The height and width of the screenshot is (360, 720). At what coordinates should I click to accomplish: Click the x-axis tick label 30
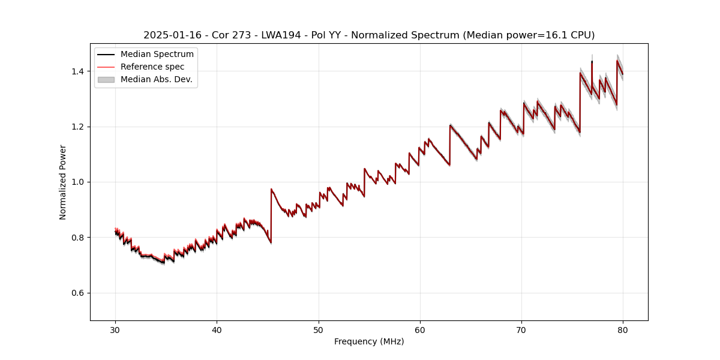(115, 329)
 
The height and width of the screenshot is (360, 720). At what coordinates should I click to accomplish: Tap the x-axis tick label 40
(217, 329)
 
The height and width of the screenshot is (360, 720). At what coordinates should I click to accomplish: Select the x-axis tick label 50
(319, 329)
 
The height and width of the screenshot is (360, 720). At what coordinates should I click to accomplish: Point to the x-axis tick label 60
(420, 329)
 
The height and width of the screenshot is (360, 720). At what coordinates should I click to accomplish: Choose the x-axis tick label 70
(521, 329)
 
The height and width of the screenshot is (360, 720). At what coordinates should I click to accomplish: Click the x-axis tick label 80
(623, 329)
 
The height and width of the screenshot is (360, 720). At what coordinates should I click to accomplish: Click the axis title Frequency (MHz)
(369, 341)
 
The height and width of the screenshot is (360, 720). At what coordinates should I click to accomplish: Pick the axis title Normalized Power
(63, 182)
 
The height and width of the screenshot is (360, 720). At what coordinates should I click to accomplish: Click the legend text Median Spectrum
(157, 55)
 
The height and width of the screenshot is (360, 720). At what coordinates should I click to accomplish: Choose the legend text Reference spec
(152, 67)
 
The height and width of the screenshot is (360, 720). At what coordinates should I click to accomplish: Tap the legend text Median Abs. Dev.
(156, 79)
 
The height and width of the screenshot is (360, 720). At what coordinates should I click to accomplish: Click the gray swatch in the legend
(106, 79)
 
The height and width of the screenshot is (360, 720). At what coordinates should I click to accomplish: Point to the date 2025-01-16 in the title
(170, 35)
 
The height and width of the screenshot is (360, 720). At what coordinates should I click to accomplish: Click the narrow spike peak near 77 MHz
(592, 61)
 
